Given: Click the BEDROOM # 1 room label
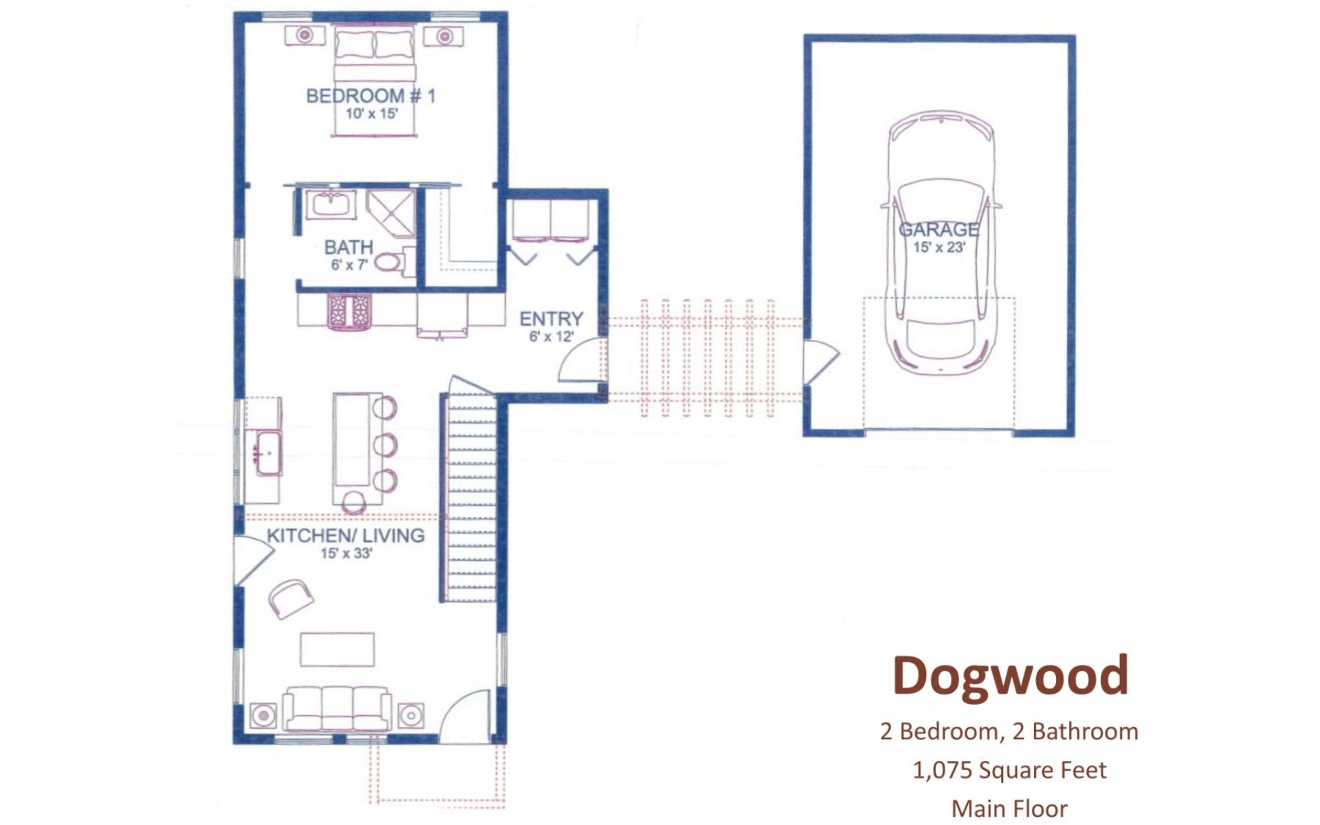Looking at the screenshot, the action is (371, 96).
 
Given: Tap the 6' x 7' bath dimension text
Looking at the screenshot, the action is (349, 265).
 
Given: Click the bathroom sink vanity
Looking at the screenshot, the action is (331, 204).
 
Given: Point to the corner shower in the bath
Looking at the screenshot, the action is (390, 214).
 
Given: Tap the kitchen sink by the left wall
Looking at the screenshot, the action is (269, 452).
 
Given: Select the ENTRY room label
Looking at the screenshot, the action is (551, 319).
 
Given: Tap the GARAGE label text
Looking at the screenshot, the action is (938, 230).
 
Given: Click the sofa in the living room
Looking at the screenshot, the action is (337, 708).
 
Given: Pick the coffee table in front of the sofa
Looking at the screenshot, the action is (338, 650).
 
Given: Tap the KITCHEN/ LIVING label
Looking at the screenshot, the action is (345, 536).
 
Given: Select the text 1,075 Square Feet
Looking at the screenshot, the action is (1009, 770).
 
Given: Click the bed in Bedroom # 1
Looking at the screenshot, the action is (375, 81).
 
